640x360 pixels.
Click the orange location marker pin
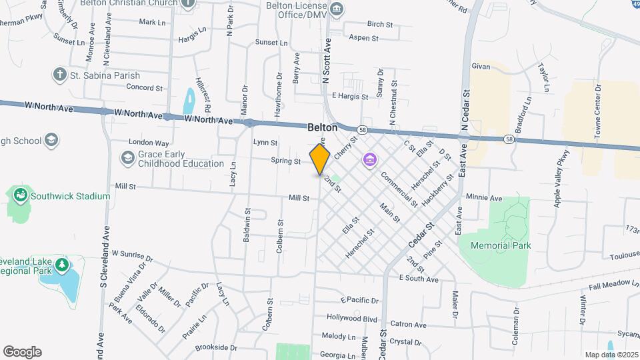pyautogui.click(x=320, y=159)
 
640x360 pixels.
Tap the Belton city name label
pyautogui.click(x=322, y=127)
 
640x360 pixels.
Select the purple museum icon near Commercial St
pyautogui.click(x=369, y=160)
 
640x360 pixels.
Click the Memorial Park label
pyautogui.click(x=501, y=245)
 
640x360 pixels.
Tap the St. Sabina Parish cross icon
pyautogui.click(x=60, y=75)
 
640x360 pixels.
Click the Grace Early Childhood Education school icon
pyautogui.click(x=127, y=158)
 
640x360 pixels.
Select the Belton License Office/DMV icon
pyautogui.click(x=337, y=9)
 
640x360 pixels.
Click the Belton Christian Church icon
pyautogui.click(x=189, y=3)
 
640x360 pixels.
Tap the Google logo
pyautogui.click(x=22, y=352)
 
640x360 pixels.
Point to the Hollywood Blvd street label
pyautogui.click(x=352, y=318)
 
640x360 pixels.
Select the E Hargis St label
pyautogui.click(x=350, y=97)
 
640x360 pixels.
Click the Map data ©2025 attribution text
pyautogui.click(x=610, y=354)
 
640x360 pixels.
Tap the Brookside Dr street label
pyautogui.click(x=216, y=347)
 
